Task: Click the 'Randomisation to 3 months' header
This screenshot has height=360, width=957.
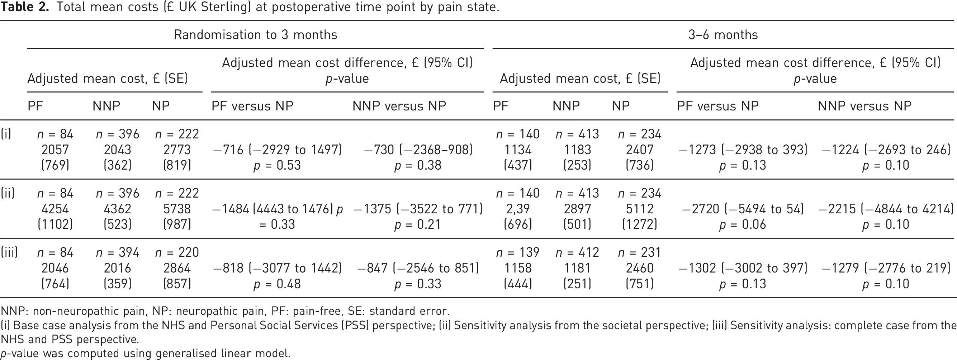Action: tap(256, 34)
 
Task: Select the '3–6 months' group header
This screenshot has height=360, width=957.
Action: tap(723, 34)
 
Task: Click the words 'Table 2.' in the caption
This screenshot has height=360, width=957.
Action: tap(24, 7)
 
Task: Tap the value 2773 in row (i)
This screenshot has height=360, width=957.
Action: tap(177, 150)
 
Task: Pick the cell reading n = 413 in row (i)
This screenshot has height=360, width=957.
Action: tap(577, 134)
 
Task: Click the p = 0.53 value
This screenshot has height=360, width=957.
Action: tap(277, 165)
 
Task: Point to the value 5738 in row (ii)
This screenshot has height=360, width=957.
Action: tap(177, 209)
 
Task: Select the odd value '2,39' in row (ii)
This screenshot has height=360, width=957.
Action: tap(518, 209)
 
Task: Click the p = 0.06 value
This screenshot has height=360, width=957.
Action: tap(743, 224)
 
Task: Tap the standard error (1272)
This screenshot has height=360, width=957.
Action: tap(640, 224)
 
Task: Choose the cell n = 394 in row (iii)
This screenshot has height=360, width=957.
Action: tap(117, 253)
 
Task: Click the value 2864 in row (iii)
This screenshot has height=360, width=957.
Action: tap(177, 268)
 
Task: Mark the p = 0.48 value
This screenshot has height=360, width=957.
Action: tap(277, 284)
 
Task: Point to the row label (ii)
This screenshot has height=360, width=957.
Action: tap(8, 193)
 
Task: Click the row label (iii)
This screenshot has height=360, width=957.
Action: tap(9, 253)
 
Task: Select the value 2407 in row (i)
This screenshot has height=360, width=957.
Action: tap(640, 150)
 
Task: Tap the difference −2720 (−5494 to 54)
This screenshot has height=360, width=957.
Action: tap(743, 209)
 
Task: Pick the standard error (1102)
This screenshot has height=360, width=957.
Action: tap(55, 224)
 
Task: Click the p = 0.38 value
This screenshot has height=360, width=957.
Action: tap(418, 165)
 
